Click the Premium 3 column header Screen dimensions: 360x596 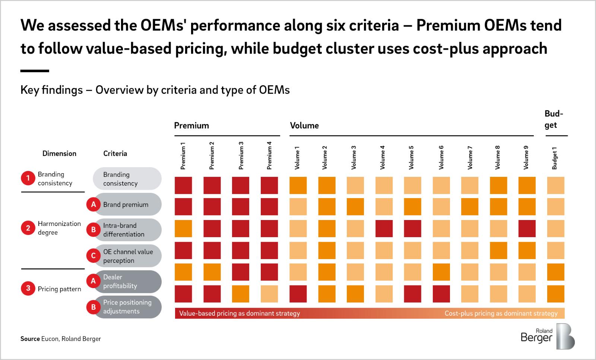click(x=241, y=156)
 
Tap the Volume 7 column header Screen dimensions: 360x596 click(x=470, y=157)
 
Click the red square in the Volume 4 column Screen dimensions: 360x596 click(x=384, y=229)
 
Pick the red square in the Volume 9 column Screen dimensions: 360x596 click(x=527, y=229)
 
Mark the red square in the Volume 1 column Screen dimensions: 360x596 click(x=298, y=294)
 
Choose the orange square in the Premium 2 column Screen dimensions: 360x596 click(x=212, y=272)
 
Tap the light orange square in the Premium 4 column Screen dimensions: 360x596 click(x=269, y=294)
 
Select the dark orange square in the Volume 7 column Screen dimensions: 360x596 click(x=470, y=207)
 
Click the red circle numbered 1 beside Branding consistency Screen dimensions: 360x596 click(x=28, y=179)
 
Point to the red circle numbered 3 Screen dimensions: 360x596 click(x=28, y=289)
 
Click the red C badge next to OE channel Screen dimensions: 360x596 click(x=93, y=256)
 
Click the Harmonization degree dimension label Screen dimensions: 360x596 click(x=59, y=228)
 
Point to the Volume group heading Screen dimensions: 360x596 click(x=304, y=125)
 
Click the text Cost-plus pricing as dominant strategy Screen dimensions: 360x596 click(x=501, y=313)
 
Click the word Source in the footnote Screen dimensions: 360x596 click(x=30, y=339)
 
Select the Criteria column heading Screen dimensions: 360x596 click(x=115, y=153)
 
